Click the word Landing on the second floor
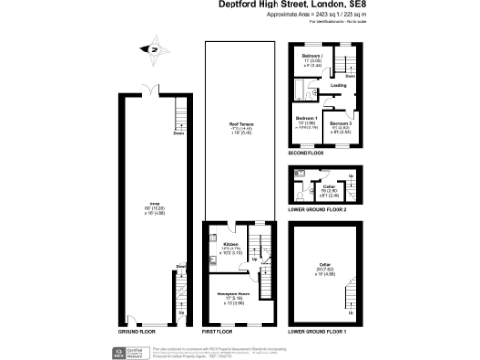[338, 85]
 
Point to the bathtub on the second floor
[299, 90]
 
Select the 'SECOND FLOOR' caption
[306, 152]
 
